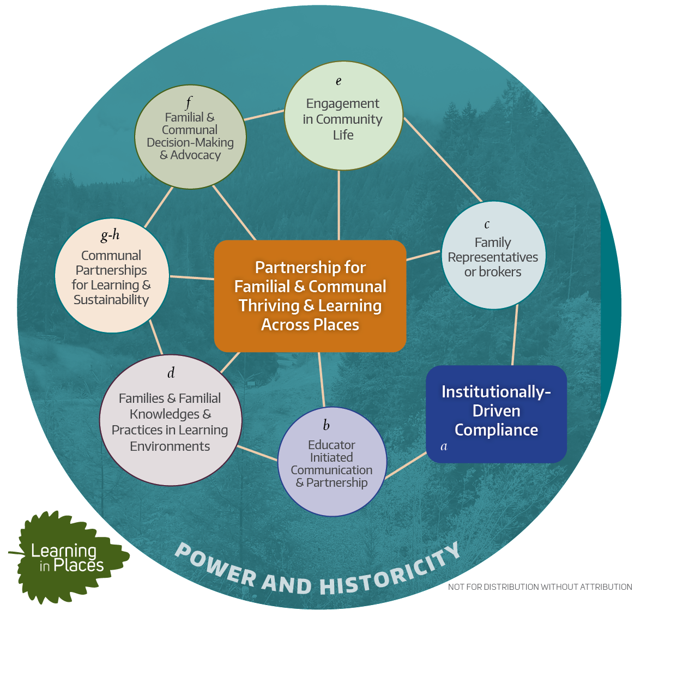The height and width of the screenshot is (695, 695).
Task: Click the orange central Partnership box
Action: (310, 296)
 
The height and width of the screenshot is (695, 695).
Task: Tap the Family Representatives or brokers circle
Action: (493, 255)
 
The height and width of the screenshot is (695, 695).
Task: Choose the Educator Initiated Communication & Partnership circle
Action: (332, 462)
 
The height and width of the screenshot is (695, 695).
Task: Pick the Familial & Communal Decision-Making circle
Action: (190, 137)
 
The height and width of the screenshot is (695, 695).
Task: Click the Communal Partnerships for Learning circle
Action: (112, 276)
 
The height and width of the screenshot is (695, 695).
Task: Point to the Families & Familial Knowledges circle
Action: (171, 420)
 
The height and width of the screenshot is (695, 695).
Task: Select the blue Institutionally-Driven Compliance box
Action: (496, 414)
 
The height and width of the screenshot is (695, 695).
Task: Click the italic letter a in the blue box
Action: (444, 446)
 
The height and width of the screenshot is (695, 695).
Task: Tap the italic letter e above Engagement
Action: (339, 81)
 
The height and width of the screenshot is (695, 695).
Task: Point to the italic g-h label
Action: (110, 235)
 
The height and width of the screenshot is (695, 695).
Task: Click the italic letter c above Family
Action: (487, 224)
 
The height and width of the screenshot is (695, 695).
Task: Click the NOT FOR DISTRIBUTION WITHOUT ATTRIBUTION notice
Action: (540, 587)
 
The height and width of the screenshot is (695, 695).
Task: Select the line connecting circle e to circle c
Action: (443, 159)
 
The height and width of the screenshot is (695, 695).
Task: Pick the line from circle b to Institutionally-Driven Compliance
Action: (406, 466)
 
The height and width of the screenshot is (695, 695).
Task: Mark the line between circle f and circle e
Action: (264, 115)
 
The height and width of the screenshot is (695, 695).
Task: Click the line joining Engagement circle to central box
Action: (339, 205)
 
